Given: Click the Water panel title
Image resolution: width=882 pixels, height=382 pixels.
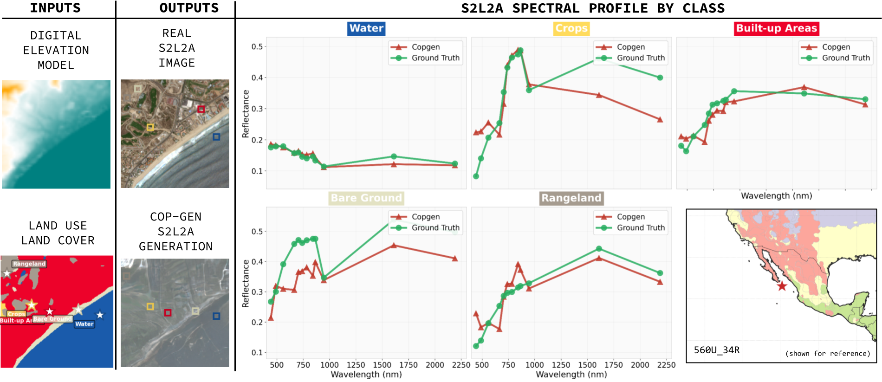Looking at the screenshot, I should [366, 28].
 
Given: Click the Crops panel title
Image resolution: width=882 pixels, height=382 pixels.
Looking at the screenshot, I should [571, 28].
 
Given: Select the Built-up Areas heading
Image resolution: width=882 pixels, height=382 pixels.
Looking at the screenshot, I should [776, 28].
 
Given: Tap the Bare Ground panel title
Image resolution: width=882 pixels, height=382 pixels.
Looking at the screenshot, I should [366, 198].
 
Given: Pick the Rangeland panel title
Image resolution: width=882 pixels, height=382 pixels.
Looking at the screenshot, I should [571, 198].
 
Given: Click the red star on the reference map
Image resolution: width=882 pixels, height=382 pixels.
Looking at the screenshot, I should [782, 286].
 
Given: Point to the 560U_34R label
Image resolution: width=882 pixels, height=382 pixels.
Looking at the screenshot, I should [716, 350].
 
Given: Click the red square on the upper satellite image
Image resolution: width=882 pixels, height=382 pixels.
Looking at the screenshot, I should [201, 109].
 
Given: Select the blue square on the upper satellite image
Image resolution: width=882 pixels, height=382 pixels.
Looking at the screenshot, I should [216, 137].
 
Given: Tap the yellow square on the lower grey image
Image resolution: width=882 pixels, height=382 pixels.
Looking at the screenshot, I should [150, 307].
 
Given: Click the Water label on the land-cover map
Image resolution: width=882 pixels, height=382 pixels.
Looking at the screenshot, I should [84, 324].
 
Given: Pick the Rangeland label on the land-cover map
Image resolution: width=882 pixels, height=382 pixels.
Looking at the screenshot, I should [29, 264].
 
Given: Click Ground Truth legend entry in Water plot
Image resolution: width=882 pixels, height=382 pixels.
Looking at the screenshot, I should [435, 58].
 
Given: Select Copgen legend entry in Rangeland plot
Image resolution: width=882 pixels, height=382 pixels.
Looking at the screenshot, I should [630, 217].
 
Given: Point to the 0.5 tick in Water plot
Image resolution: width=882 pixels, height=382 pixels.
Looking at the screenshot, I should [257, 46].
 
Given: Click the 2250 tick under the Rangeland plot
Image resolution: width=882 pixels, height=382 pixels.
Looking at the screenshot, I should [666, 365].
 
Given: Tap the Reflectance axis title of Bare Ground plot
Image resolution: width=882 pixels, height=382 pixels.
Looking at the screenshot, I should [246, 284].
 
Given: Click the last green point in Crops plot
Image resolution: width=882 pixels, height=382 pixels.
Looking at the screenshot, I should [660, 78].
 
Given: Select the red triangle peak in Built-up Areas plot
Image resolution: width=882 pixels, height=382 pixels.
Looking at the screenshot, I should [804, 87].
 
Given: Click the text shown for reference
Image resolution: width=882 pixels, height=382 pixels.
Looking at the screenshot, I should [827, 354].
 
